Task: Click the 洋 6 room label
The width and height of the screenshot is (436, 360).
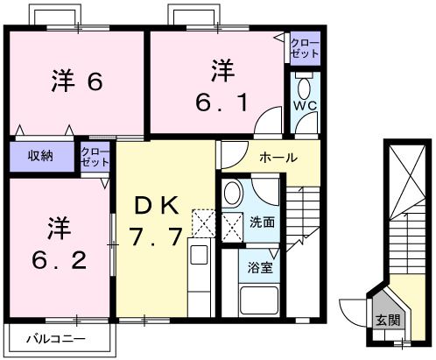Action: [77, 82]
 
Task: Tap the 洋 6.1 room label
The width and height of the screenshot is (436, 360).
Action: [224, 84]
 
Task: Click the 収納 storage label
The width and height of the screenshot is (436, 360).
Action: [39, 156]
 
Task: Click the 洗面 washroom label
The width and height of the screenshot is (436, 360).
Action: [262, 222]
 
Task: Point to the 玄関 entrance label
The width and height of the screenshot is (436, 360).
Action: [387, 321]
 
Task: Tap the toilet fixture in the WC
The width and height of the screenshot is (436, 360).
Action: [304, 89]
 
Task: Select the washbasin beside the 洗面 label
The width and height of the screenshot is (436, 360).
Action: [232, 194]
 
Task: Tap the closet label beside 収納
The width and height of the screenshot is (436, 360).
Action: [95, 157]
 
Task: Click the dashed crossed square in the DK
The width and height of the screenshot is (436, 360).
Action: [202, 222]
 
